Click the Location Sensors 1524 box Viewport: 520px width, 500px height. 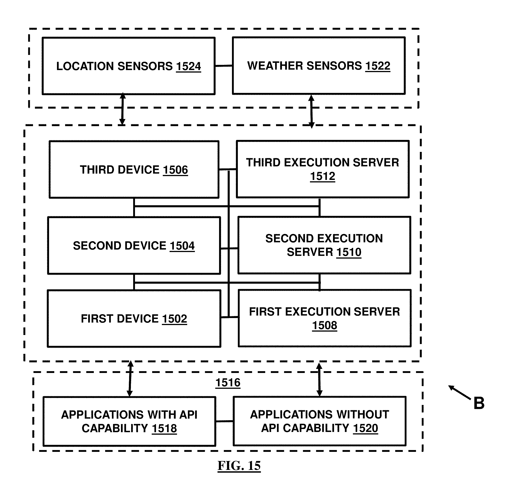128,66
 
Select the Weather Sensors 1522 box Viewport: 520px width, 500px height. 319,66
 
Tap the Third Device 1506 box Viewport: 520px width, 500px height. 134,170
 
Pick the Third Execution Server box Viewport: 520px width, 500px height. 323,169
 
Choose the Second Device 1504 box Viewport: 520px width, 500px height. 134,245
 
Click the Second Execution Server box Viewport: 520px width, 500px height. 324,245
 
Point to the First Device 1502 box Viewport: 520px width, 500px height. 134,318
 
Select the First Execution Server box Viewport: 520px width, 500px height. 324,318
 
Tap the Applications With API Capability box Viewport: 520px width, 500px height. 129,421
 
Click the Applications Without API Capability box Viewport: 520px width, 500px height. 319,421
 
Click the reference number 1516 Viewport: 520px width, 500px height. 228,382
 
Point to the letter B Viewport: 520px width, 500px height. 479,403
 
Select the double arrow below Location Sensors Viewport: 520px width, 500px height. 122,109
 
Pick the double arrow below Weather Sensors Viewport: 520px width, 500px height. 312,112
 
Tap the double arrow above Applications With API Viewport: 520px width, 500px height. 130,379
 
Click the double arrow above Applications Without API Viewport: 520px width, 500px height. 319,380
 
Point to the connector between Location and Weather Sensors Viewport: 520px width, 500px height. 224,66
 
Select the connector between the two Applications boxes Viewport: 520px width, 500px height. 225,421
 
